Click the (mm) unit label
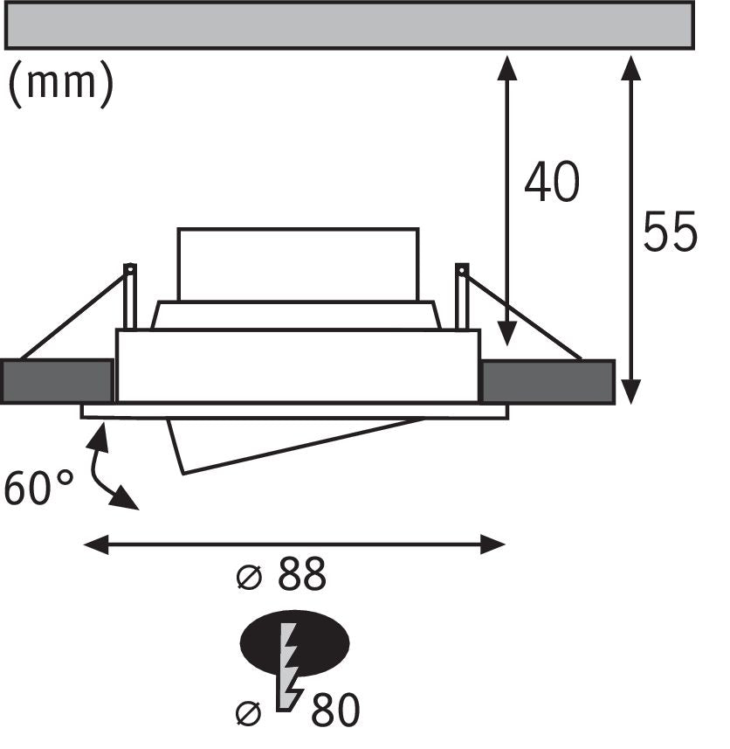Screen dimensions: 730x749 click(x=61, y=85)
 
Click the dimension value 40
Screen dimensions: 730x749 click(x=552, y=182)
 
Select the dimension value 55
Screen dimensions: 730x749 click(x=670, y=232)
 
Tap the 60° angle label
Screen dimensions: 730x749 click(x=38, y=487)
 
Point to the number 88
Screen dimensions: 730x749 click(x=301, y=573)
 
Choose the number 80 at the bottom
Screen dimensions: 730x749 click(x=335, y=710)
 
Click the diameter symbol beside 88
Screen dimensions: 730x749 click(x=249, y=577)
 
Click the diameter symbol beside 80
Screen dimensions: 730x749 click(x=249, y=714)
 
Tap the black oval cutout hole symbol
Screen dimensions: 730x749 click(x=294, y=643)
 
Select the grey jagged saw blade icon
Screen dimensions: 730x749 click(x=289, y=667)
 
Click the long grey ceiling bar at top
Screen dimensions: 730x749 click(x=349, y=25)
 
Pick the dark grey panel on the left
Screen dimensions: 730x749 click(x=57, y=382)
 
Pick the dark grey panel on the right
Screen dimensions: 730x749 click(x=547, y=382)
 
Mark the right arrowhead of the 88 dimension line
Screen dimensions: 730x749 click(x=492, y=544)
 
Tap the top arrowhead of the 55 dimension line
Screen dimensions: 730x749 click(x=631, y=68)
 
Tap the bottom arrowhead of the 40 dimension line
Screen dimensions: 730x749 click(x=507, y=333)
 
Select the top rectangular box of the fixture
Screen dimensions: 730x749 click(x=299, y=265)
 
